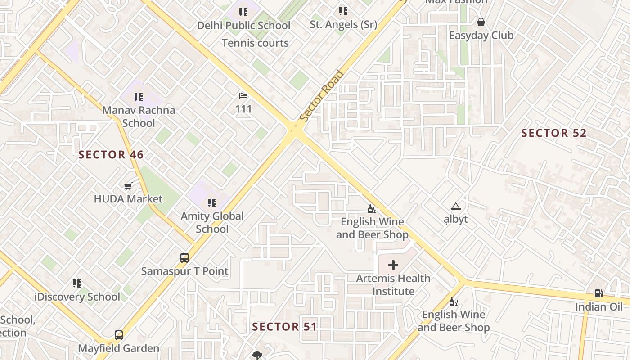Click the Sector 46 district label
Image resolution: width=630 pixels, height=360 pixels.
pos(111,155)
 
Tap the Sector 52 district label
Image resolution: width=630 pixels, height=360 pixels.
pos(554,133)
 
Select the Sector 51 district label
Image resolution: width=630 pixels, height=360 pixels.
pos(284,327)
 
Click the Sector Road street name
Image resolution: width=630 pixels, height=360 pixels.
pos(321,96)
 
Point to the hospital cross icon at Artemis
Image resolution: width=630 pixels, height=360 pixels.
pos(393,265)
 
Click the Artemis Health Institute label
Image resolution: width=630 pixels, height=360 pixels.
pos(393,285)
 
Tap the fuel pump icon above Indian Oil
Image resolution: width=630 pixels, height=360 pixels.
pos(599,293)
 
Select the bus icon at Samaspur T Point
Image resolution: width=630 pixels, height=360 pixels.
pos(184,258)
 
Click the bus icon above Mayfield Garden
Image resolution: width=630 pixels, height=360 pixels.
pos(119,335)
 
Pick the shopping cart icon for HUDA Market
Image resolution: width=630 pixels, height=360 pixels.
pos(128,186)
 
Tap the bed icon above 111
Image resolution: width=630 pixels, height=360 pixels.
pos(243,96)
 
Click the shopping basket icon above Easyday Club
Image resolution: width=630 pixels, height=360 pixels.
pos(481,22)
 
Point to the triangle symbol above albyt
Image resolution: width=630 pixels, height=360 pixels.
pos(456,207)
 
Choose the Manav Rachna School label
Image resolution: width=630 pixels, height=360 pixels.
pos(139,117)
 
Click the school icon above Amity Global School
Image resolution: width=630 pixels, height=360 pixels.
pos(212,203)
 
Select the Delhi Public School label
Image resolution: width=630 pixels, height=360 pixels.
pos(243,26)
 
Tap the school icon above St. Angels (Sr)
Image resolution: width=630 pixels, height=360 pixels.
pos(343,11)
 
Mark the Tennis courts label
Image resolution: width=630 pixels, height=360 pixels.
pos(255,43)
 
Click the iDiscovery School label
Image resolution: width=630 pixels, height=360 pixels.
pos(77,297)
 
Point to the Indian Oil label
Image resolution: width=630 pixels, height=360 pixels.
pos(599,307)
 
